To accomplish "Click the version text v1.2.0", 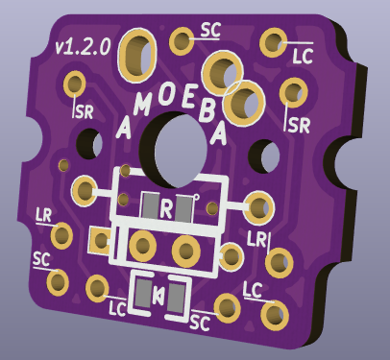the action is coord(83,47).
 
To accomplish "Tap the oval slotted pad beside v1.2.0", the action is coord(137,56).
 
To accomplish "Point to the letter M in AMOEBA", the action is coord(142,104).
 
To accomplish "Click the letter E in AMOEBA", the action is coord(188,98).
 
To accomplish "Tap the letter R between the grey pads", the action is coord(166,208).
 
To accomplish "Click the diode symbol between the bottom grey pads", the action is coord(158,295).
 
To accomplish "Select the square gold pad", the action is coord(99,240).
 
